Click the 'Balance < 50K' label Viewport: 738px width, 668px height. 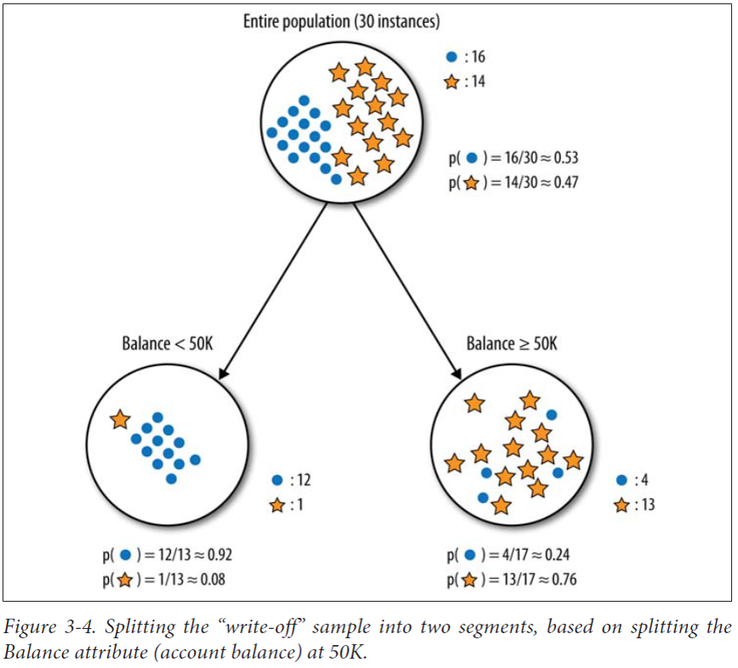pos(167,344)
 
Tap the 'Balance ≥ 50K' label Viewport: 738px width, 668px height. pos(512,344)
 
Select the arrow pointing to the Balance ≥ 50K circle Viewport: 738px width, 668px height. pos(406,290)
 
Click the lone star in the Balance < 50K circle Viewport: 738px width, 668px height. pos(120,419)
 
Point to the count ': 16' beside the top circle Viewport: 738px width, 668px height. pos(473,58)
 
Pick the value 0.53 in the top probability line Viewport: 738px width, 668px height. pos(564,158)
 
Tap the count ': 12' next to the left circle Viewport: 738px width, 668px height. pos(299,480)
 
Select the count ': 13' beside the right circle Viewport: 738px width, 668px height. pos(644,505)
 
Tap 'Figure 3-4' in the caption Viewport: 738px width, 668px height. pos(38,627)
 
